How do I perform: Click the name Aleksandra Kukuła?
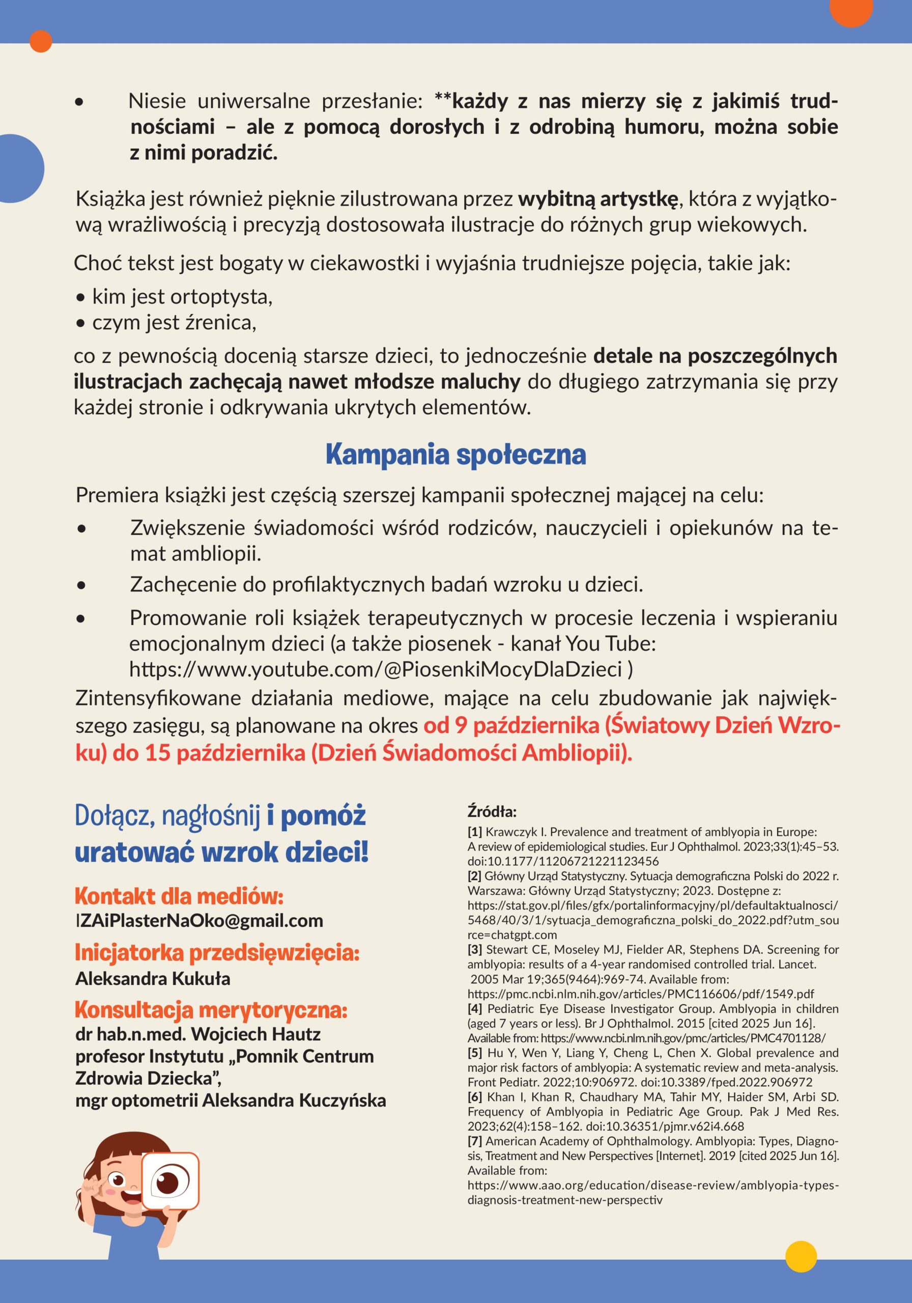tap(153, 978)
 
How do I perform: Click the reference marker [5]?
tap(474, 1053)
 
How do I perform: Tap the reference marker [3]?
tap(474, 949)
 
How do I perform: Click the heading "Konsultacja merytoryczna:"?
tap(211, 1010)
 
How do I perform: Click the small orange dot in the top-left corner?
tap(41, 41)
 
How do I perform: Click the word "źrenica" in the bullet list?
tap(218, 323)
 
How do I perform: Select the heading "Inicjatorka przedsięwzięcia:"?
tap(217, 953)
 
